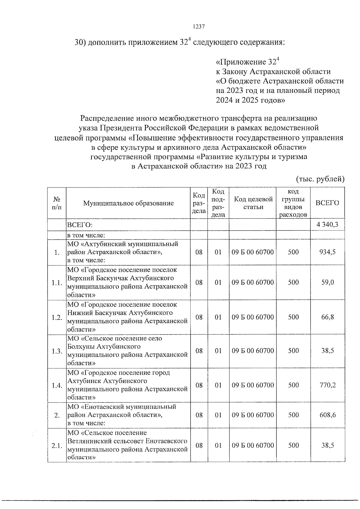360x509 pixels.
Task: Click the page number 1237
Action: point(198,26)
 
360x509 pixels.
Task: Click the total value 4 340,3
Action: point(327,224)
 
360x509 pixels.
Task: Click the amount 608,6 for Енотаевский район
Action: point(328,415)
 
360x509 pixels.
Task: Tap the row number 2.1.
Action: point(57,446)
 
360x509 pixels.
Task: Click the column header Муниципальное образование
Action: point(128,203)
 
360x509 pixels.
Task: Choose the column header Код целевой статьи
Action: point(253,203)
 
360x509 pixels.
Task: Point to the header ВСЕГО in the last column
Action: point(327,203)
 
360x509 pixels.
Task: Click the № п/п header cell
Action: point(57,203)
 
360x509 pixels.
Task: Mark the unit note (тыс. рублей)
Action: point(320,179)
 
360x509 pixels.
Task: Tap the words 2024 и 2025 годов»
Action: point(250,100)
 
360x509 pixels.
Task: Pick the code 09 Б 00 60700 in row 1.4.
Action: point(253,385)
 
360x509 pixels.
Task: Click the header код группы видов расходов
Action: point(293,203)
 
